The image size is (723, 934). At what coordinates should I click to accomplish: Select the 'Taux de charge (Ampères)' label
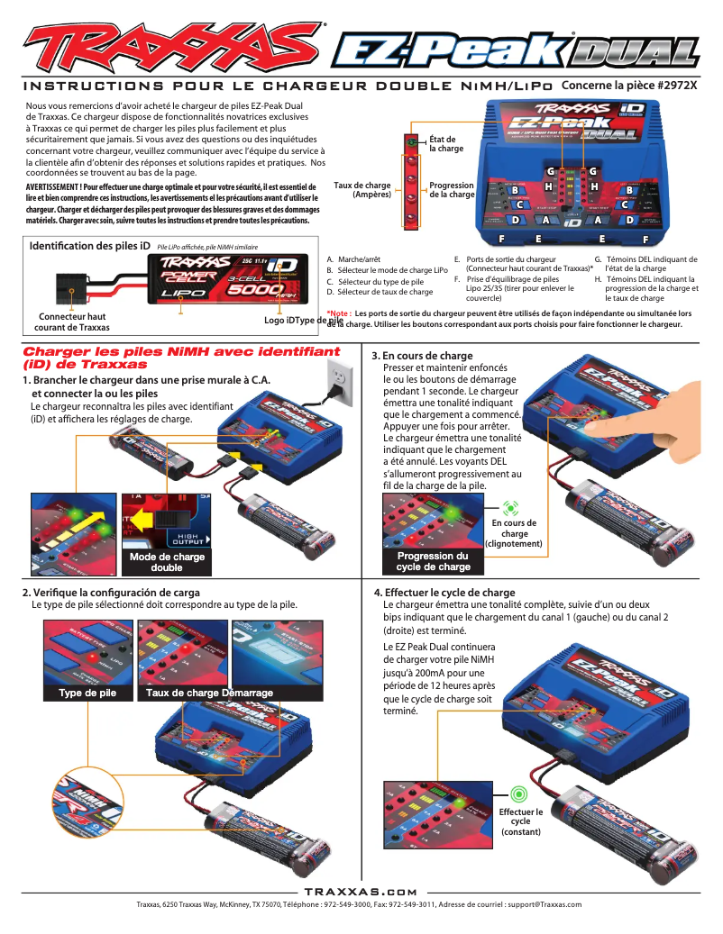point(362,189)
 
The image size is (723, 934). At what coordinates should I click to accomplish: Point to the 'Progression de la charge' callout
point(452,190)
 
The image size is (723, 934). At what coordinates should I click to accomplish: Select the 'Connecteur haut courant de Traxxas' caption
point(72,322)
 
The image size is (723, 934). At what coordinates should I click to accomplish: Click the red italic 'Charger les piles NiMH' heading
point(181,358)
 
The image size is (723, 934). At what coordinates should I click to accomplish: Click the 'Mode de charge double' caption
point(167,562)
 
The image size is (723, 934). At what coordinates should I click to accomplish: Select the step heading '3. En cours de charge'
point(423,357)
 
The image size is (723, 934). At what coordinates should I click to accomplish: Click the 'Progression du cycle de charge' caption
point(433,562)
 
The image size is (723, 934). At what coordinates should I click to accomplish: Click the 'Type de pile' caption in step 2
point(87,693)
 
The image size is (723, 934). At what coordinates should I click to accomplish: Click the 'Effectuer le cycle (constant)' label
point(520,821)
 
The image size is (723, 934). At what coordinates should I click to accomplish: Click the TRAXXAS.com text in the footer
point(361,890)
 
